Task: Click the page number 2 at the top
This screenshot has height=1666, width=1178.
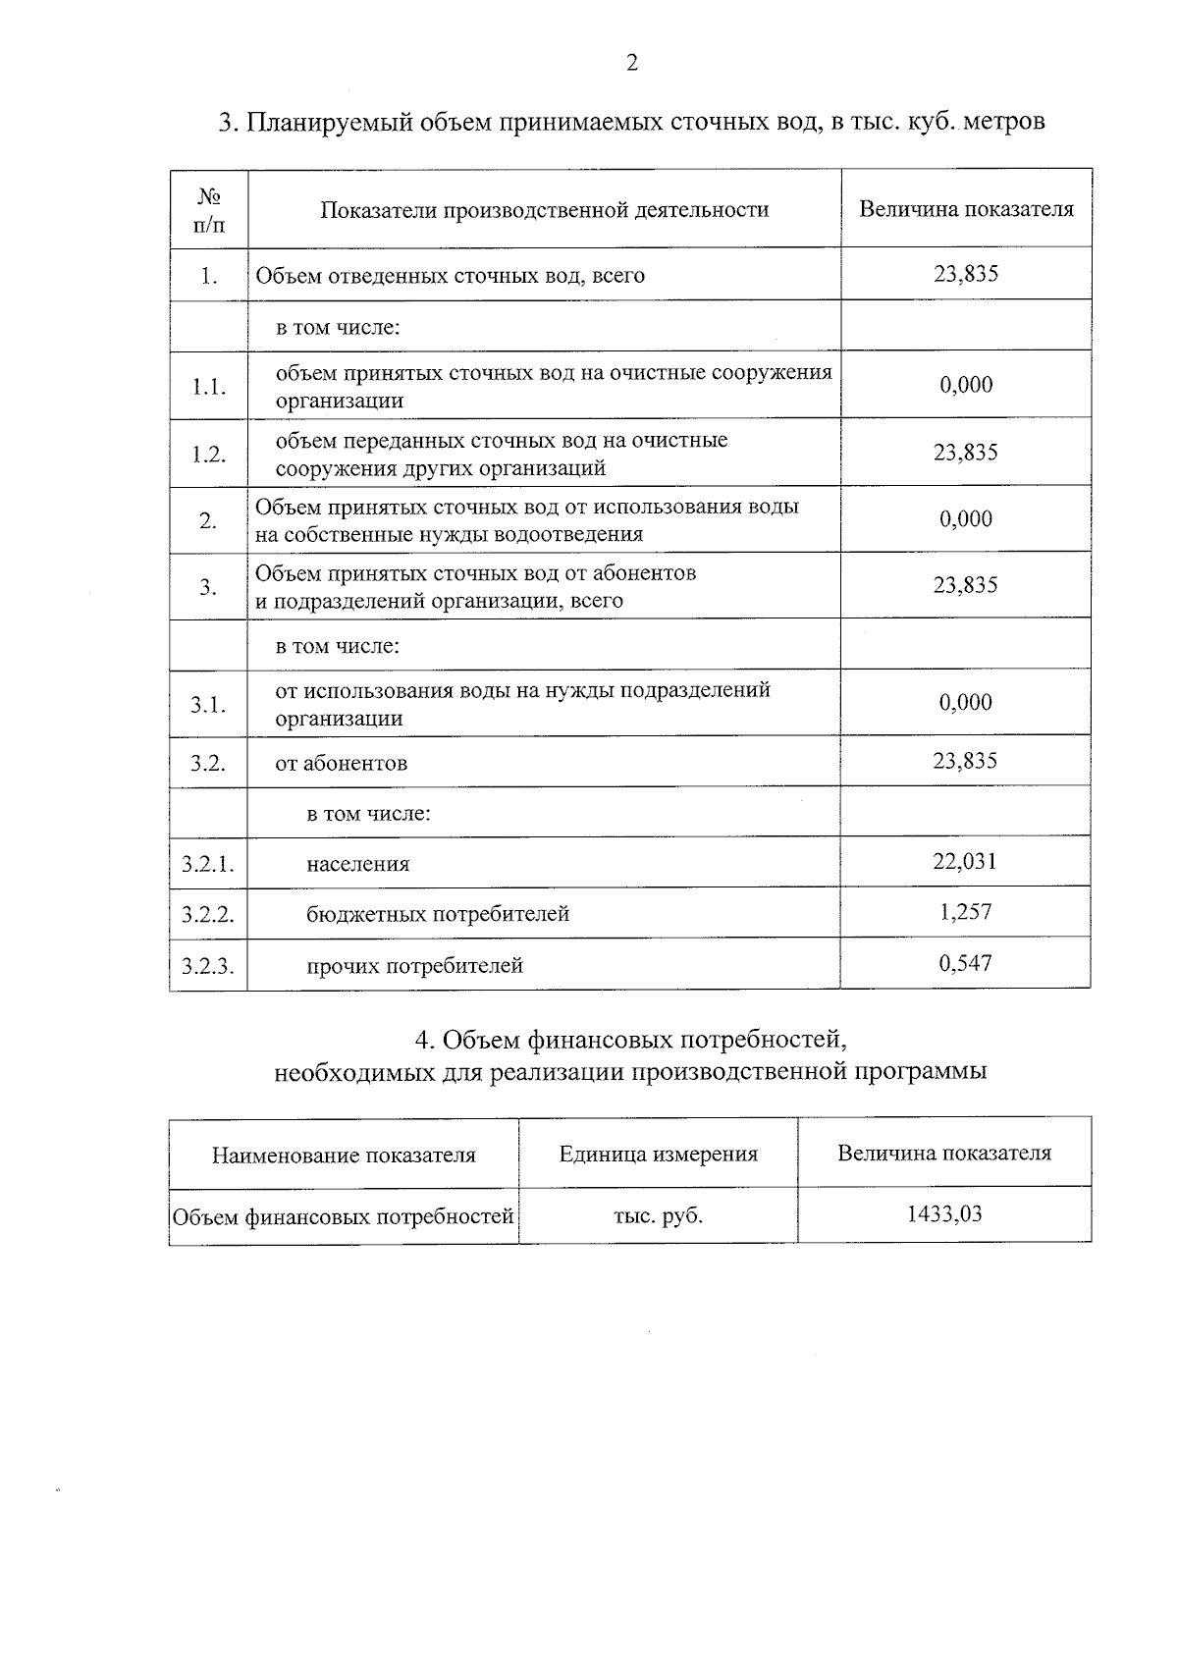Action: click(631, 64)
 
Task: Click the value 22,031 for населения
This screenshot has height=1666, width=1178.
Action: click(965, 862)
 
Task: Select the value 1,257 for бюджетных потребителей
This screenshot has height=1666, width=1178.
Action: click(965, 912)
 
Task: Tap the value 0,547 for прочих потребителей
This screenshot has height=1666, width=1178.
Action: click(965, 963)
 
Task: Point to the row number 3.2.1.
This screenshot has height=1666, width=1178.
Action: click(208, 864)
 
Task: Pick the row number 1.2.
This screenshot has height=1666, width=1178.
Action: click(208, 454)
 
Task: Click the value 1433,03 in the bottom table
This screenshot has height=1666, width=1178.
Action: click(944, 1214)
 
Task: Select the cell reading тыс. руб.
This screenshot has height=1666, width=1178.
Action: click(658, 1216)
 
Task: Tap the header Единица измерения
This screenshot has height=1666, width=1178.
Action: click(658, 1155)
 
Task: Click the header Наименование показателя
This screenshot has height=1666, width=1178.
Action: click(344, 1155)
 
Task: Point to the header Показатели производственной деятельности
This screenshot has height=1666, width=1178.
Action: click(545, 209)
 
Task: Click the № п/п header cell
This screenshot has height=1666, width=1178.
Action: click(208, 210)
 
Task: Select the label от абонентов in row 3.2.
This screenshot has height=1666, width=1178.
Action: click(341, 763)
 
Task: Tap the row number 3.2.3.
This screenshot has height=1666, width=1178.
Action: click(208, 966)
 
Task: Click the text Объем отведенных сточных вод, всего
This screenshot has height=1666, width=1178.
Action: click(451, 276)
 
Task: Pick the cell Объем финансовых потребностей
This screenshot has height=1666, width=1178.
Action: click(344, 1217)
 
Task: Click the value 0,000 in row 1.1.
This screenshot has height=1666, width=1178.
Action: click(966, 385)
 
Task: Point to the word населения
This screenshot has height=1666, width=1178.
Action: click(357, 865)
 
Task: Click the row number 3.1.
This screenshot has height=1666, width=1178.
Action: click(208, 705)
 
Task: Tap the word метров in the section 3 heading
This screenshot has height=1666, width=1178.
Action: click(1005, 123)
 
